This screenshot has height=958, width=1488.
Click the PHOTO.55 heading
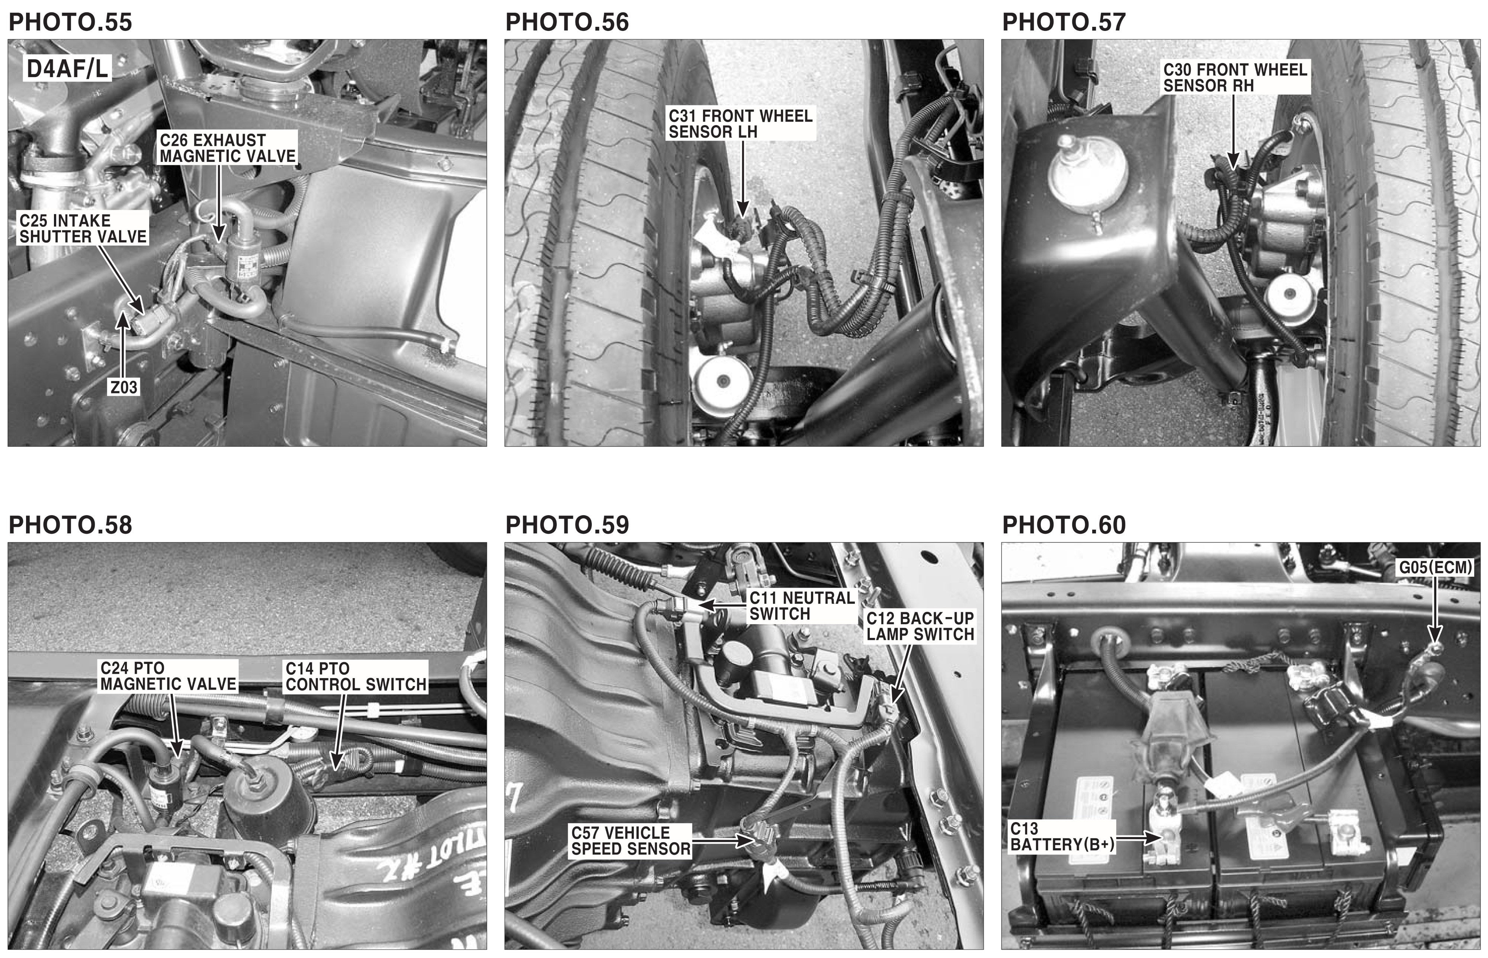(x=70, y=22)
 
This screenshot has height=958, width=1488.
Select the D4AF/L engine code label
(x=67, y=68)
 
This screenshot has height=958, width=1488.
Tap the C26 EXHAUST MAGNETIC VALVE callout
(x=228, y=148)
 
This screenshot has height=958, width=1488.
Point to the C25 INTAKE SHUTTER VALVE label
(x=83, y=228)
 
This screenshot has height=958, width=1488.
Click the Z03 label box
(x=124, y=387)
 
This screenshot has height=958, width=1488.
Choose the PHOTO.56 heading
(x=567, y=22)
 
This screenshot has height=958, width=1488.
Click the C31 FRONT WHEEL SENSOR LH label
(x=740, y=124)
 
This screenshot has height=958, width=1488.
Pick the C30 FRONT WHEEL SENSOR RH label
(x=1235, y=78)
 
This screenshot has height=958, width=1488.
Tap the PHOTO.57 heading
(x=1064, y=22)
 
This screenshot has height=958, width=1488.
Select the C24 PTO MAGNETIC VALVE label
(x=168, y=676)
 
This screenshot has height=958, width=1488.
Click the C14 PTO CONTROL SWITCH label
(x=356, y=676)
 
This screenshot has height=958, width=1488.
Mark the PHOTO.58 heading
(x=70, y=525)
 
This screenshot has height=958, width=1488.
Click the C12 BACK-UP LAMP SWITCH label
(x=920, y=626)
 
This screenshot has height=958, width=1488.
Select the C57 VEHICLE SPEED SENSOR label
(x=631, y=840)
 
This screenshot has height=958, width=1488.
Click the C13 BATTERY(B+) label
(x=1062, y=837)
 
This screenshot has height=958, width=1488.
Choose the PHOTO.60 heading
(x=1064, y=525)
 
